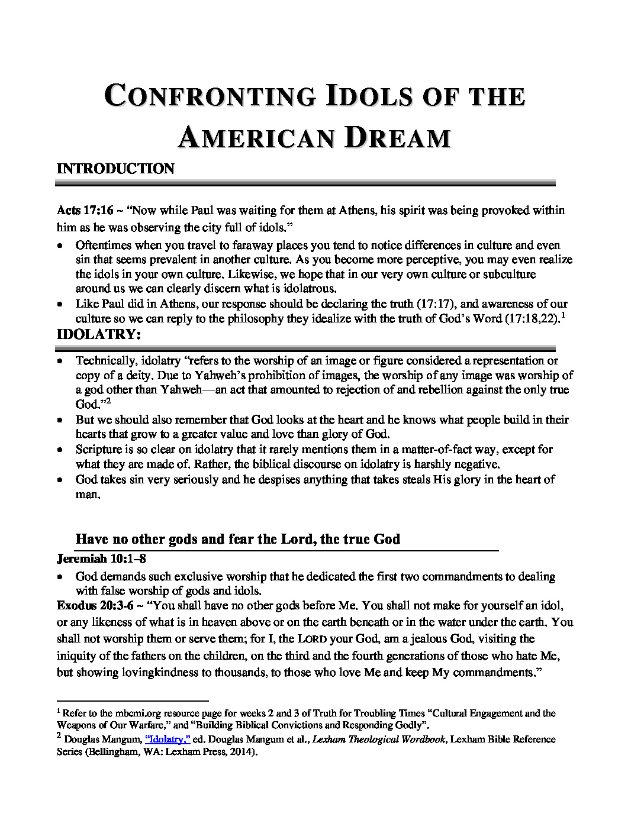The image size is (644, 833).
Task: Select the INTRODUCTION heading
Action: (115, 169)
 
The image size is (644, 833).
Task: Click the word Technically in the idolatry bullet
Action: (105, 361)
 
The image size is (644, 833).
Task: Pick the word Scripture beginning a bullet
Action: (98, 450)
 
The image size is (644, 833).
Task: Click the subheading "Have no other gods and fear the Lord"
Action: (237, 540)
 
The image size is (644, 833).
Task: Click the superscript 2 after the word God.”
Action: (109, 401)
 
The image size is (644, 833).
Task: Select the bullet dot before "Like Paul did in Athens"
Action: (60, 305)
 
